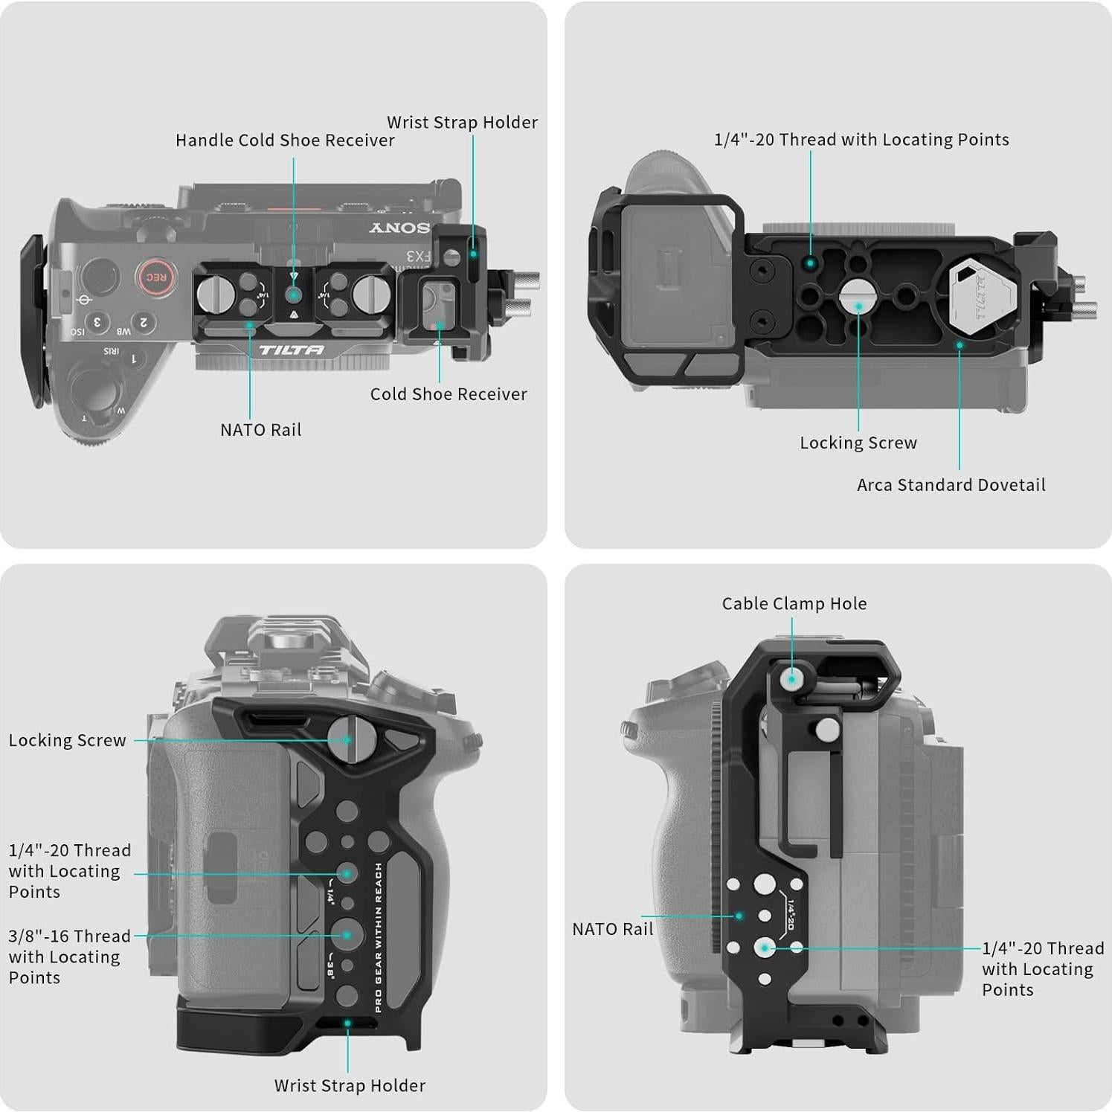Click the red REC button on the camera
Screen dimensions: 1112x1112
(155, 277)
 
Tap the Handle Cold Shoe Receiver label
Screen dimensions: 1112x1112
(285, 141)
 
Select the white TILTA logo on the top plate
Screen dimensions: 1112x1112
(291, 350)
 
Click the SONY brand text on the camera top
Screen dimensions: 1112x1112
(399, 228)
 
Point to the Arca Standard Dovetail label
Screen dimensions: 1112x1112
(951, 485)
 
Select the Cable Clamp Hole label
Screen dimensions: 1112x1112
(794, 604)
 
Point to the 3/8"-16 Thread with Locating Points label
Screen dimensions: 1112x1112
(68, 957)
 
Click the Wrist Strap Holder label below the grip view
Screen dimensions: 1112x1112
(350, 1086)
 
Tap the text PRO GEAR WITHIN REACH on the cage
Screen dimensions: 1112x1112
(379, 937)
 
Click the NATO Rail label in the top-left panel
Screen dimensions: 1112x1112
(260, 430)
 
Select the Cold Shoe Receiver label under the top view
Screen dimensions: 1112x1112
(449, 394)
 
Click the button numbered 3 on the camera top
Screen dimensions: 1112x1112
(97, 322)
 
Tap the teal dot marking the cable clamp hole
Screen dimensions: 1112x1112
(792, 678)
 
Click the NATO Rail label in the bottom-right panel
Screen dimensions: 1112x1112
(612, 929)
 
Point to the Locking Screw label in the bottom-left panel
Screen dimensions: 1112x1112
(67, 741)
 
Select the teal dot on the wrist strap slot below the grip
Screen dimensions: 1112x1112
(347, 1023)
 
